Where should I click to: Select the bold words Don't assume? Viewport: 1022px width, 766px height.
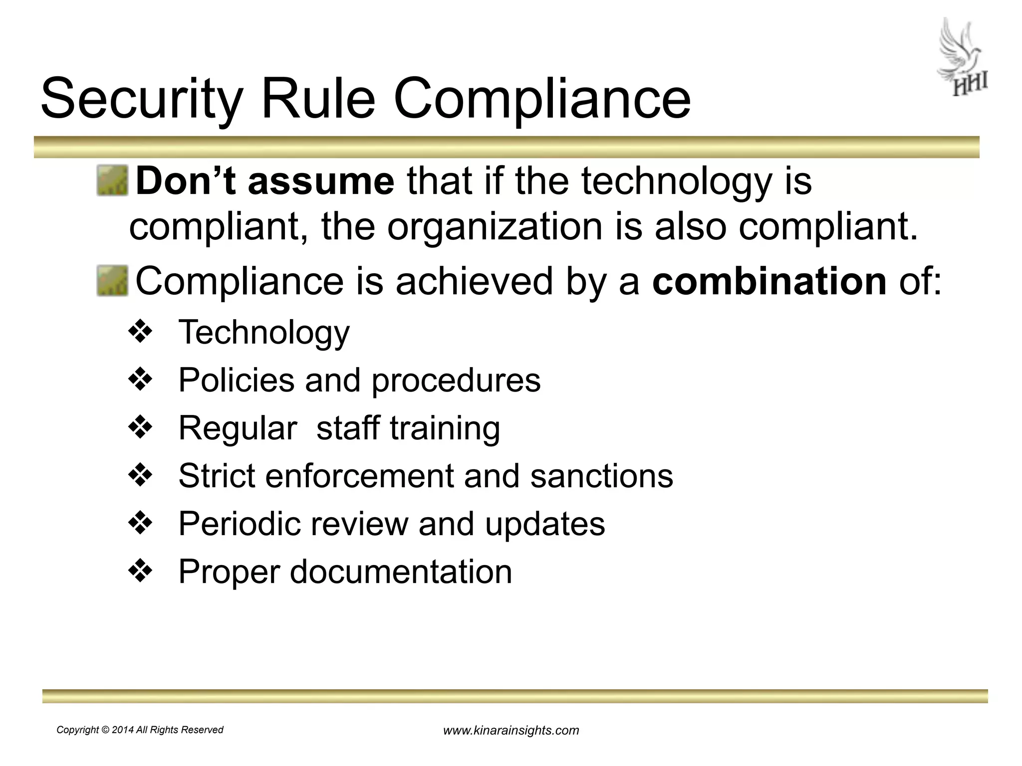pos(265,181)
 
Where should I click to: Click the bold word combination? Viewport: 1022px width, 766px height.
pos(769,281)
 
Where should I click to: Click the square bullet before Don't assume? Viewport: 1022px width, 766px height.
pos(112,181)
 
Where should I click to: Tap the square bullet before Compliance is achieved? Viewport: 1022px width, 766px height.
pos(112,281)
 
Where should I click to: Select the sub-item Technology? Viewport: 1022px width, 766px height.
pos(264,332)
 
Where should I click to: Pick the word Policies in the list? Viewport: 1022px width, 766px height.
pos(236,380)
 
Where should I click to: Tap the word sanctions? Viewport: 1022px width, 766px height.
pos(601,476)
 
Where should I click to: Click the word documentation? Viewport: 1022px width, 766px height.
pos(401,572)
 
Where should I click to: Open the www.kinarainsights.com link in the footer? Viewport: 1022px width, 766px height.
pos(511,731)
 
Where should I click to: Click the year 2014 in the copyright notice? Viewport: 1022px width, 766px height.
pos(123,730)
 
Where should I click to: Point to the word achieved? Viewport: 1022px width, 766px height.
pos(474,281)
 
